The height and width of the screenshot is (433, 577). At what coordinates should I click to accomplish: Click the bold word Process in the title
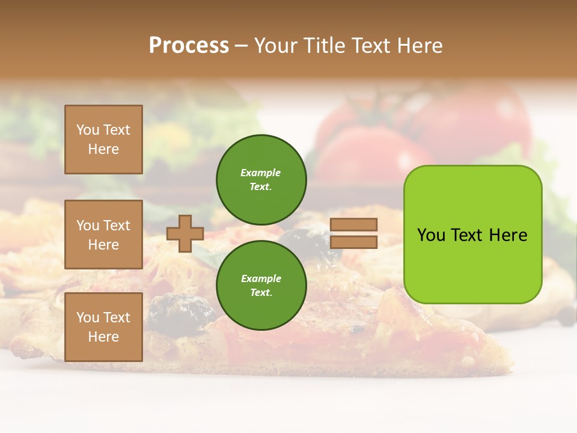tap(189, 46)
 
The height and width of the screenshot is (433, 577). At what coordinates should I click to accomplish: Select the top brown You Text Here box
tap(103, 140)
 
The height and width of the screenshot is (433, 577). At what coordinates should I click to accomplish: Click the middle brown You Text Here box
tap(103, 235)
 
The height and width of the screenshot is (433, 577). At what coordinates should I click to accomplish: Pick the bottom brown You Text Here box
tap(103, 327)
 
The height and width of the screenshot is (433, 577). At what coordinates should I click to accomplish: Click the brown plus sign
tap(185, 233)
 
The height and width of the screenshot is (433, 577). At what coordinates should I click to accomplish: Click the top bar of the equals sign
tap(354, 224)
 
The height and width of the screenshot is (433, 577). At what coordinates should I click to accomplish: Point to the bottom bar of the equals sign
tap(354, 242)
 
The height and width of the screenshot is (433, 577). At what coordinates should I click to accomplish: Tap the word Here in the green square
tap(508, 235)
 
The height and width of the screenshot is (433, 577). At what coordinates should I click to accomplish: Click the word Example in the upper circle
tap(260, 173)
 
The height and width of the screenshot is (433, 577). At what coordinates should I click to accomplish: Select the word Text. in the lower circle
tap(261, 293)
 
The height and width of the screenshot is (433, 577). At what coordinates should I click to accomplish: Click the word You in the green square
tap(431, 235)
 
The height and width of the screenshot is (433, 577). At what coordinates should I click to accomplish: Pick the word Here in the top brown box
tap(103, 149)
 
